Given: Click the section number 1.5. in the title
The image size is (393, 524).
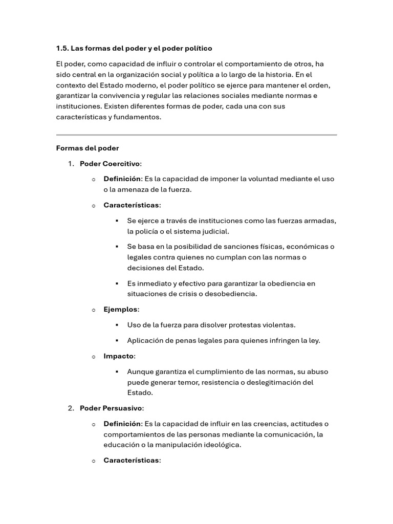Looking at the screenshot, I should [x=62, y=49].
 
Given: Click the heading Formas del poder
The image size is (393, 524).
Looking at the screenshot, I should [x=87, y=148].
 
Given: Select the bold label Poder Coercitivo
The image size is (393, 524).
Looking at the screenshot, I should [x=110, y=164].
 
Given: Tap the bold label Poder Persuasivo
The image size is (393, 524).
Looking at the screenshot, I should [x=111, y=408].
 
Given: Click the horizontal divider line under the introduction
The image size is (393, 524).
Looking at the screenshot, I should [x=196, y=135].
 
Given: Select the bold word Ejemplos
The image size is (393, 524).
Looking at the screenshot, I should [x=120, y=310].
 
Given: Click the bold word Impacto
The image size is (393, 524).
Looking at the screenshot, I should [x=118, y=356].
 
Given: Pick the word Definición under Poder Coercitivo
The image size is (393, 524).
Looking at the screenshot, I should [x=122, y=179].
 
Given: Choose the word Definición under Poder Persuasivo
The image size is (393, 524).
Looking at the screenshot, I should [x=122, y=424].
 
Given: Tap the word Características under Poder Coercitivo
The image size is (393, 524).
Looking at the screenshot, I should [x=131, y=205].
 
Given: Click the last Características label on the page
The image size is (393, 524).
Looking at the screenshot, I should [x=131, y=461].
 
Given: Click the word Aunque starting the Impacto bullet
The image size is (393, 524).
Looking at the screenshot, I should [x=140, y=372].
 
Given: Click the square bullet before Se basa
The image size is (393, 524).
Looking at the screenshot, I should [x=117, y=247].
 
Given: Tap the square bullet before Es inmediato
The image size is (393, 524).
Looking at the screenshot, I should [x=117, y=283].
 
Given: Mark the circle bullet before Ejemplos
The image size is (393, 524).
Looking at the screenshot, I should [x=94, y=310].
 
